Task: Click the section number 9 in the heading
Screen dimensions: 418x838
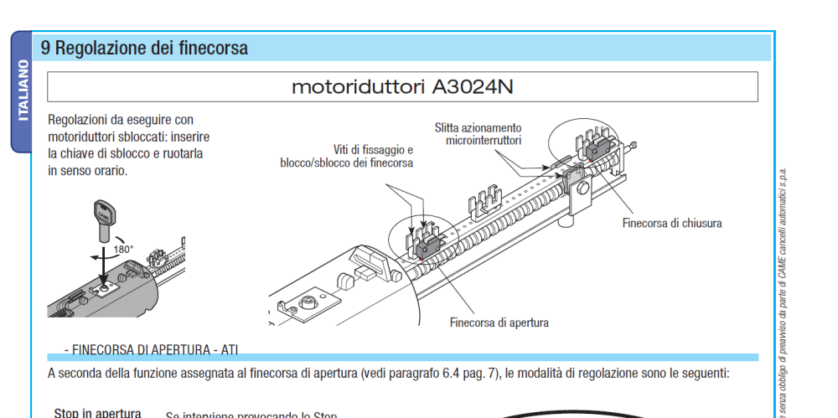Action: (46, 48)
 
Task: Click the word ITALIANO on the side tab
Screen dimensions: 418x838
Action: (23, 90)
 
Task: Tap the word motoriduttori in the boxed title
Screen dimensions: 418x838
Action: (358, 87)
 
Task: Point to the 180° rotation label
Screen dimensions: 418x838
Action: (123, 249)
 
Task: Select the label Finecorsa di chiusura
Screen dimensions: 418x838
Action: (671, 223)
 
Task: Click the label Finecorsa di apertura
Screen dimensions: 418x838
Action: (499, 323)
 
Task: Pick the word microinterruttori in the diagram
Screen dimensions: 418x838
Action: (484, 141)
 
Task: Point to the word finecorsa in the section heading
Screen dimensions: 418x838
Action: (213, 48)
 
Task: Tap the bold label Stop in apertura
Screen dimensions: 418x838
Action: (97, 413)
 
